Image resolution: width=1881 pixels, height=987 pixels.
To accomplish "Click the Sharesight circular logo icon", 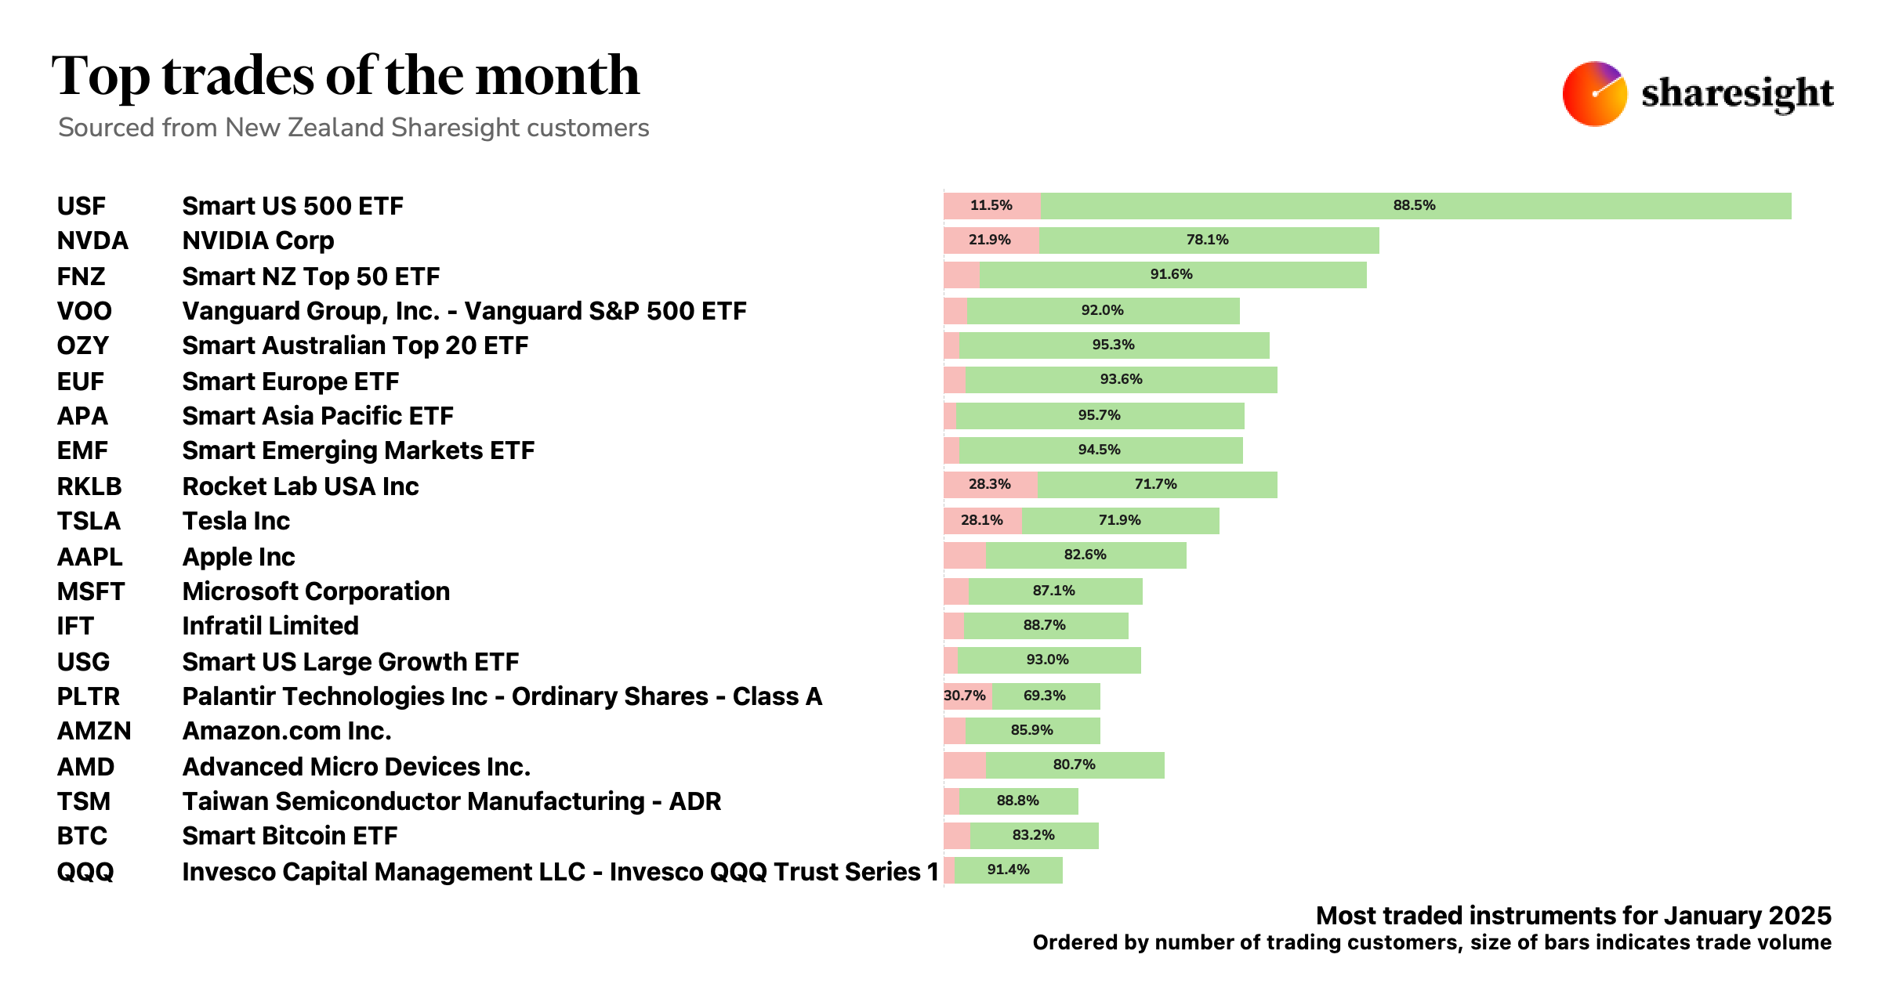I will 1594,94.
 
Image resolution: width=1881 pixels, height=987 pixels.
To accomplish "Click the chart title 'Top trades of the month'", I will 346,76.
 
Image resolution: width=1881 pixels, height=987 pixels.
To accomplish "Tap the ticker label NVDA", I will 92,240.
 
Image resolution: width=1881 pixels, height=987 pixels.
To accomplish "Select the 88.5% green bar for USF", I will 1415,205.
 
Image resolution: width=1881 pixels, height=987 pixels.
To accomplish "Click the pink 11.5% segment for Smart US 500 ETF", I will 991,205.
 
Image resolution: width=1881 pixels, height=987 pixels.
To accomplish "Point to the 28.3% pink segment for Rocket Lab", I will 990,484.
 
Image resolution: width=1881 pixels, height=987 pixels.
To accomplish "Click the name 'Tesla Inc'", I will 236,521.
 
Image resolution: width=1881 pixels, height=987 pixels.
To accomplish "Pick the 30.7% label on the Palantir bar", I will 965,696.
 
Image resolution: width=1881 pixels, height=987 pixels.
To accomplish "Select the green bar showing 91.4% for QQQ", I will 1008,869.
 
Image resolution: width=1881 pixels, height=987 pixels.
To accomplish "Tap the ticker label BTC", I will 82,836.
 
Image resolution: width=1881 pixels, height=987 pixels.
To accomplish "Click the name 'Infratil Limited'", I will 270,626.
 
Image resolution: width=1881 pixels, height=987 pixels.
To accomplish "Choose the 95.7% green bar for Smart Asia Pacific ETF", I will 1100,415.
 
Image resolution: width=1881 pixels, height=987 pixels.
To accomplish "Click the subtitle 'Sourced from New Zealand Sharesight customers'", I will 353,128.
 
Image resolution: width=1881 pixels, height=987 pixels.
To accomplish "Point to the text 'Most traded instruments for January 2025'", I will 1573,915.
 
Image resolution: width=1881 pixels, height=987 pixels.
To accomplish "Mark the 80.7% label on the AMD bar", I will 1074,765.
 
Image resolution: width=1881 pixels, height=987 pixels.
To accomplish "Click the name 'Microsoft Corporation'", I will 316,591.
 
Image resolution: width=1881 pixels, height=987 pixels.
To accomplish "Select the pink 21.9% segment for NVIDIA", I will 990,240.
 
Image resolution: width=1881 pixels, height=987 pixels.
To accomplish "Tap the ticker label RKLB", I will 89,486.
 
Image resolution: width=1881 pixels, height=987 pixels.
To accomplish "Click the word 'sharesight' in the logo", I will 1737,94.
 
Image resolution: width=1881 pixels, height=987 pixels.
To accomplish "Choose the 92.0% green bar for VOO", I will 1103,310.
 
